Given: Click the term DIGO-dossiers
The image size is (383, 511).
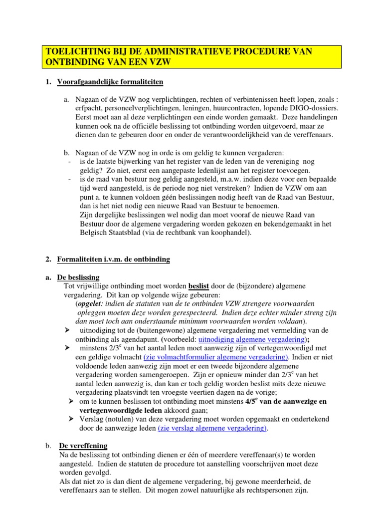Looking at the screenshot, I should point(316,108).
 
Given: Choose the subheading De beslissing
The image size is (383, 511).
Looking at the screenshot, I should point(78,277).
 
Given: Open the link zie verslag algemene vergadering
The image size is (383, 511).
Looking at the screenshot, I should point(212,429).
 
